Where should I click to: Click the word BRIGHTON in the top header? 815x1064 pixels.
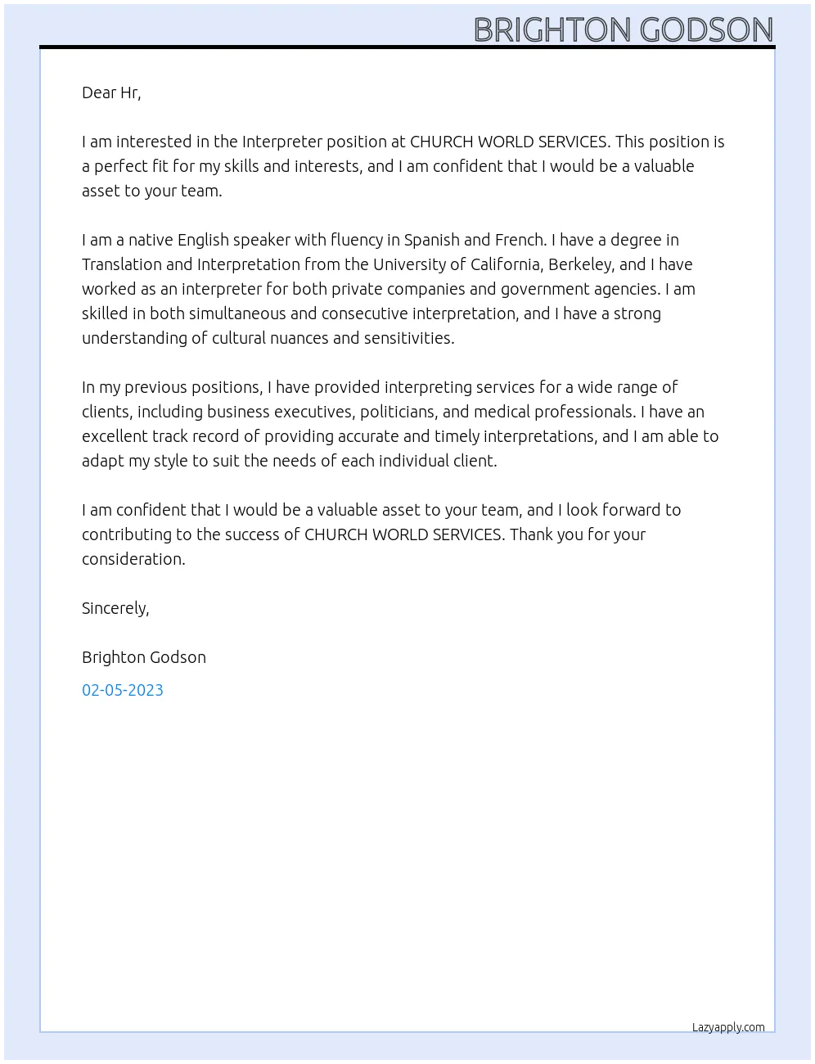(553, 30)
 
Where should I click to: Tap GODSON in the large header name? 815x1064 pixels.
(706, 30)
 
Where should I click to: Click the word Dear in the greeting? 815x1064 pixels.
(99, 92)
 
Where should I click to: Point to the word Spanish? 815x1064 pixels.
(431, 240)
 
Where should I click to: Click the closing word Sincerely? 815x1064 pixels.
(115, 608)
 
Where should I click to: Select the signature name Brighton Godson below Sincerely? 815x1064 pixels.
(144, 657)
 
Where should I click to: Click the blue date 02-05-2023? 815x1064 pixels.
(123, 690)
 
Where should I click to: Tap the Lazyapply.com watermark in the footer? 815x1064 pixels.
(728, 1027)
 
